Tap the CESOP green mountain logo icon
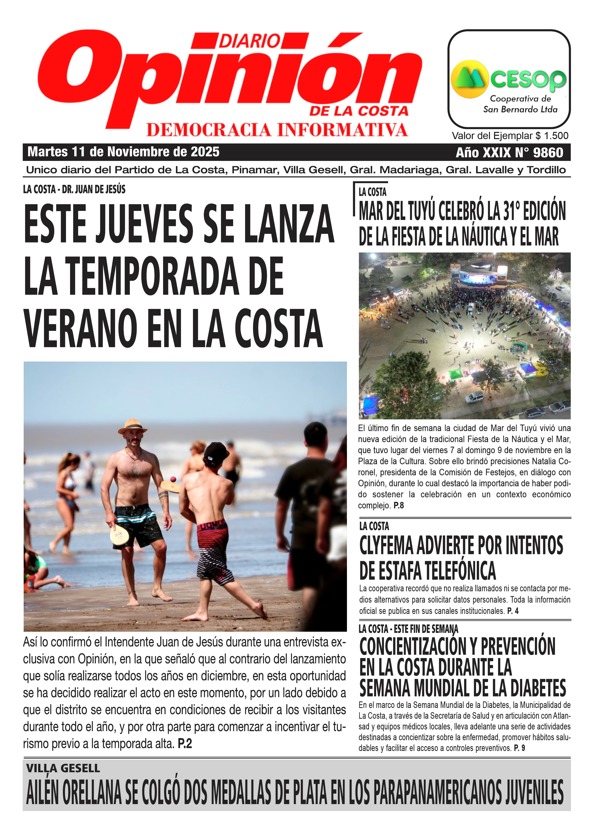click(470, 79)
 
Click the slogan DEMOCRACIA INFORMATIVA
click(277, 130)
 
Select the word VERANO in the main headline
click(80, 329)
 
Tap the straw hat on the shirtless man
click(132, 426)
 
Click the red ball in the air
click(174, 479)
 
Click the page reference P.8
click(398, 506)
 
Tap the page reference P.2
click(185, 744)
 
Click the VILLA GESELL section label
click(63, 768)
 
